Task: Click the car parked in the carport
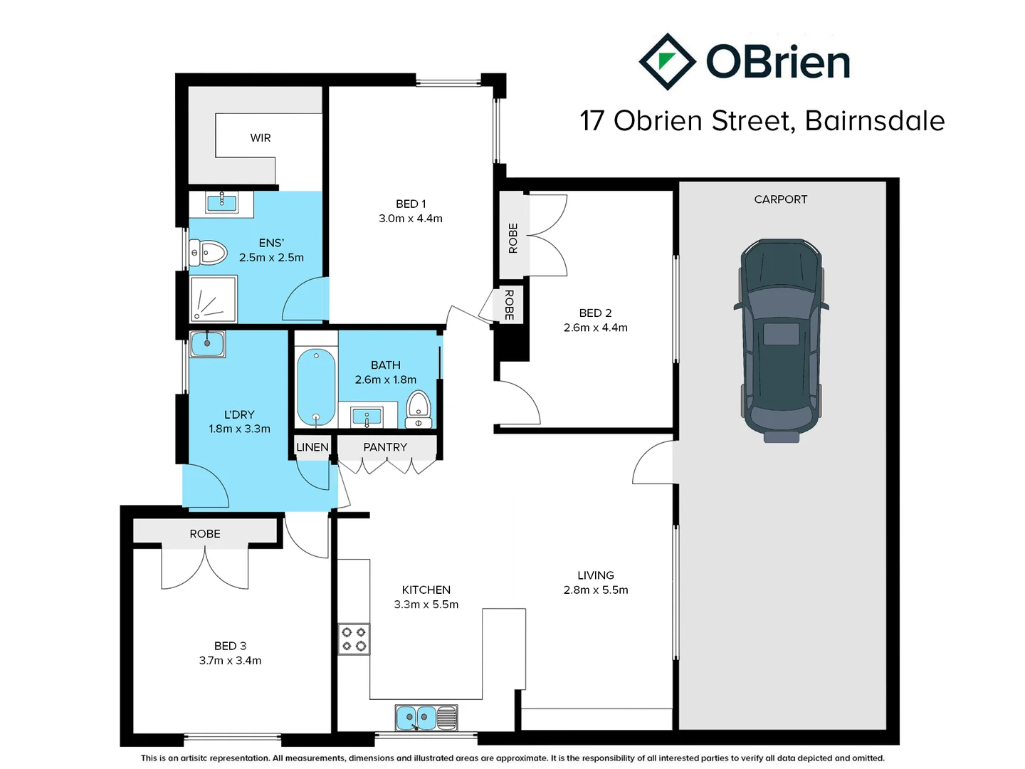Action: tap(781, 340)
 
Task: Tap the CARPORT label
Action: tap(780, 199)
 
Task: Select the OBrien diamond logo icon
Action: tap(667, 62)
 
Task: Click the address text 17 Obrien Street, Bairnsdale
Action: tap(762, 121)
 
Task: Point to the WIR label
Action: tap(261, 138)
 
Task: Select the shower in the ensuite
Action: tap(213, 299)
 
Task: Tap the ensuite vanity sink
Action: tap(221, 203)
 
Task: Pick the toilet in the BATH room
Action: tap(419, 408)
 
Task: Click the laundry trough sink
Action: tap(207, 345)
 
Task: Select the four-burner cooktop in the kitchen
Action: tap(354, 639)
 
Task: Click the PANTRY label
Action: tap(385, 447)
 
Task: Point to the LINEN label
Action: tap(312, 447)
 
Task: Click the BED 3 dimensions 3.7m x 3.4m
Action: tap(230, 661)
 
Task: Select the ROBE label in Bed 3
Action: tap(205, 534)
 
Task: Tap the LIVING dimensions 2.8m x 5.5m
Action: tap(596, 590)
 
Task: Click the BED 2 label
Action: tap(595, 313)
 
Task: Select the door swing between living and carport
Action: tap(653, 463)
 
